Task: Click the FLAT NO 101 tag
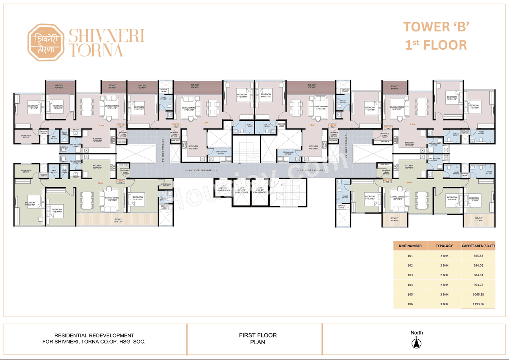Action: (x=120, y=126)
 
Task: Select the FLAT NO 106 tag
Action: (x=120, y=182)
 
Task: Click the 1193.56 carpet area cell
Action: (x=478, y=304)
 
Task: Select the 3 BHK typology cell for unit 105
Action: (x=444, y=294)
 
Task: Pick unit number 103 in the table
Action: (x=410, y=275)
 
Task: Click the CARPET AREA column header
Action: (x=478, y=246)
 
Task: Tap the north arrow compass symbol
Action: (x=416, y=342)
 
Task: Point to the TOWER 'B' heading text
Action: (x=437, y=27)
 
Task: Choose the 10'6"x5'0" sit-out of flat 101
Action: (x=60, y=86)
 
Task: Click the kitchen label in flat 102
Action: (x=193, y=147)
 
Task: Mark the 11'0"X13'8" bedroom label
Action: (x=370, y=108)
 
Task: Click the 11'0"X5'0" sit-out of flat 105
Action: (x=478, y=219)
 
